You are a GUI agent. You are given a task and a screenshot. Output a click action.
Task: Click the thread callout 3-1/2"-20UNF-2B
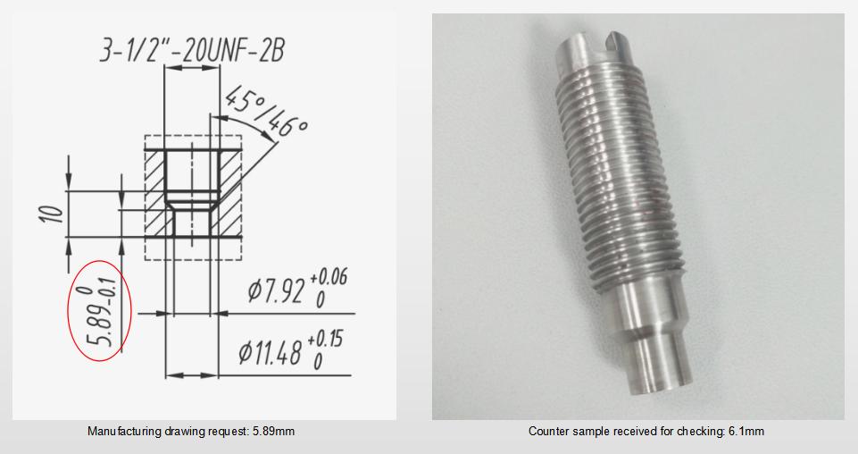(192, 50)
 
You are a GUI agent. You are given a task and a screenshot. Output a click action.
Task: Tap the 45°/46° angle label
(265, 112)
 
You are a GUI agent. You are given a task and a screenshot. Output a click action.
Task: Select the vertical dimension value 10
(52, 213)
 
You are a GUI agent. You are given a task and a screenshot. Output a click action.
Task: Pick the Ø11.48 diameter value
(271, 353)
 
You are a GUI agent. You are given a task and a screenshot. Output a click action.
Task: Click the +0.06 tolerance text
(329, 278)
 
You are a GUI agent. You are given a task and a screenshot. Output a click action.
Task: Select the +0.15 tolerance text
(325, 340)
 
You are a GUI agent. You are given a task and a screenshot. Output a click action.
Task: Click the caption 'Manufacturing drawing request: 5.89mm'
(191, 432)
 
